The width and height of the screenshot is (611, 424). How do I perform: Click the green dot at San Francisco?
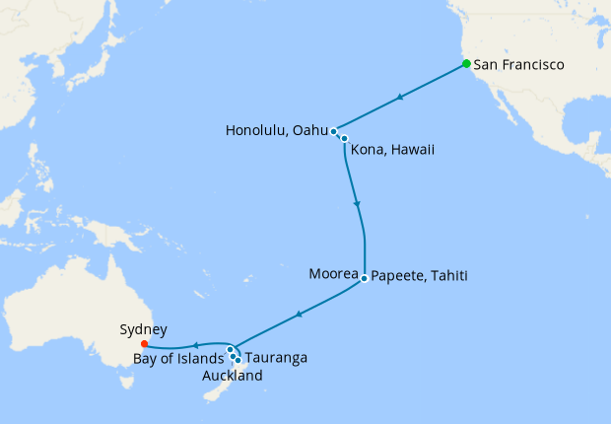466,64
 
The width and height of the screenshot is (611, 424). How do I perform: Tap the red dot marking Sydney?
144,344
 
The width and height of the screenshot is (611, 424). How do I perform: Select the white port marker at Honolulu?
335,131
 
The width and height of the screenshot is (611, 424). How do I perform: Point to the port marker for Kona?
344,139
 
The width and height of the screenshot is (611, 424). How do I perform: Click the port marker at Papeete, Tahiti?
364,278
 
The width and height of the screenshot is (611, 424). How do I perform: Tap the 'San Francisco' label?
518,65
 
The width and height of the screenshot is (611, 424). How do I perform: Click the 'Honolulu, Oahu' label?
276,130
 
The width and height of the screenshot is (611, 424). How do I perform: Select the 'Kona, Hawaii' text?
394,150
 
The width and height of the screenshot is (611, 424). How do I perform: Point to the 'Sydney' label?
143,329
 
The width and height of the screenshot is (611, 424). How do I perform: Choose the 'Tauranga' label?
276,358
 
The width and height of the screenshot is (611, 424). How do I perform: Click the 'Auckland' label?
232,376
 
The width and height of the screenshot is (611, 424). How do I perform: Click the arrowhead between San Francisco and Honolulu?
398,98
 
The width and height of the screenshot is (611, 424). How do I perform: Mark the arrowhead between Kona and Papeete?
357,205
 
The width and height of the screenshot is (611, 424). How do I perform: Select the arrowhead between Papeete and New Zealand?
298,315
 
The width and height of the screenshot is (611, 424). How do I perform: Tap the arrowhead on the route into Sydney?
195,345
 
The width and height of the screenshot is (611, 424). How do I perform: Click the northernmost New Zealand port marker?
230,349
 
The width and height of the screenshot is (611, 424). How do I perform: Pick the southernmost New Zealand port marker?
238,361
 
